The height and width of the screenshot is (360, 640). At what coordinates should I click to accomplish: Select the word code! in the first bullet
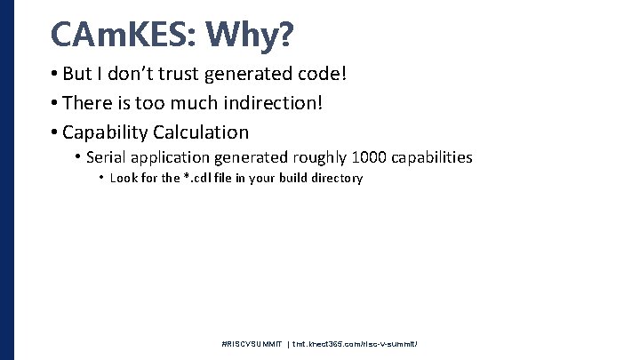point(319,74)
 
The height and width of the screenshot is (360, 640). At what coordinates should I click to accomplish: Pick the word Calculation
point(201,132)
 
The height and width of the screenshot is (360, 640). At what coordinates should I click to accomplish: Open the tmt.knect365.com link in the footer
point(354,342)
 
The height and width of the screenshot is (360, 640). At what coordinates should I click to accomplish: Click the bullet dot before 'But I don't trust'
point(55,74)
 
